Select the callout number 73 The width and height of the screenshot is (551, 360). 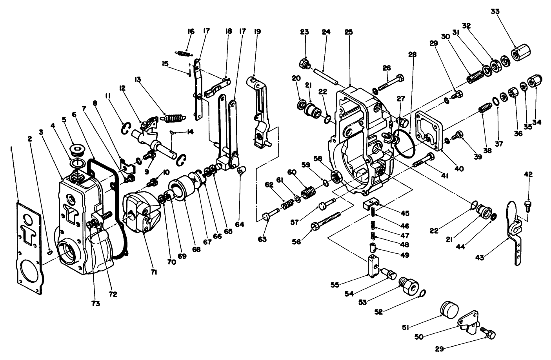click(x=95, y=303)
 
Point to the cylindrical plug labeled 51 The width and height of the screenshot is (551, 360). click(x=449, y=308)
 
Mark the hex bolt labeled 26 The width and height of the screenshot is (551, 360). click(x=388, y=83)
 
